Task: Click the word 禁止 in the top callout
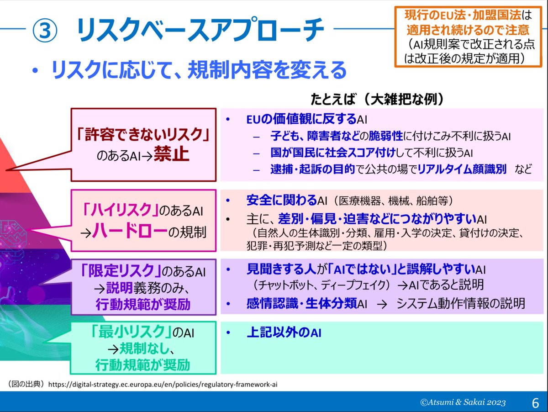tap(171, 154)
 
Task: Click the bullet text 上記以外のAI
tap(284, 333)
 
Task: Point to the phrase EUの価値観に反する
tap(301, 120)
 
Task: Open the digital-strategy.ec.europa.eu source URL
tap(163, 384)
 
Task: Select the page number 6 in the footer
tap(535, 402)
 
